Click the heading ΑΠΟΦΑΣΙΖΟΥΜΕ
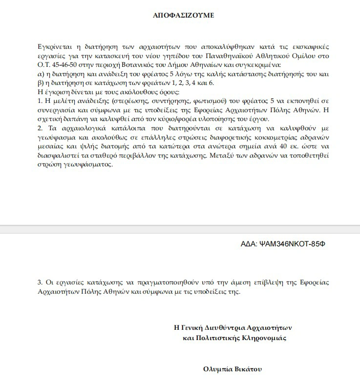(x=183, y=16)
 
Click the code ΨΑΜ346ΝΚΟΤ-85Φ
(x=293, y=242)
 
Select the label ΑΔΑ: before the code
(x=250, y=242)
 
